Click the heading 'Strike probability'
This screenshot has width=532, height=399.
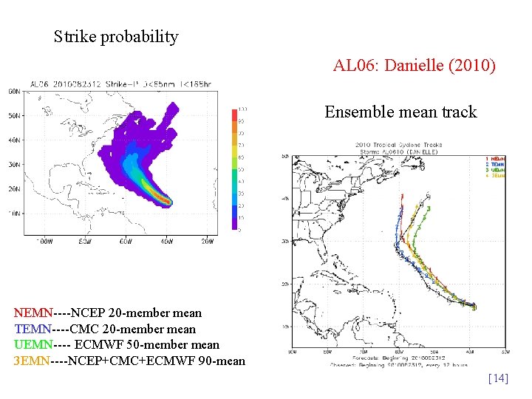coord(116,36)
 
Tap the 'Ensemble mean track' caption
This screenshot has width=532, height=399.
coord(400,112)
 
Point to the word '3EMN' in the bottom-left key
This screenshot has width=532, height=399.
coord(30,360)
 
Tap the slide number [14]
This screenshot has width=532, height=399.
coord(498,378)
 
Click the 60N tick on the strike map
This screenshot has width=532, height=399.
coord(14,92)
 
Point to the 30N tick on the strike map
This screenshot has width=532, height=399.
coord(14,164)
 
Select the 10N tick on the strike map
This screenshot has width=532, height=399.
coord(14,213)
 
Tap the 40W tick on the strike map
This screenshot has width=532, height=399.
coord(168,241)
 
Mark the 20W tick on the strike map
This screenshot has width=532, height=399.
coord(208,241)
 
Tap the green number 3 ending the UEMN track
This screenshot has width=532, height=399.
coord(428,209)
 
